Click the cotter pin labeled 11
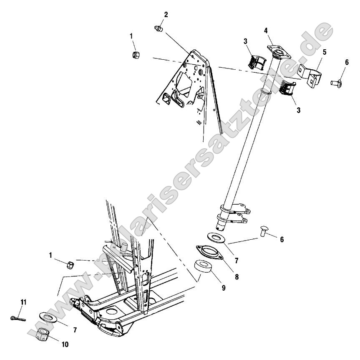pos(18,318)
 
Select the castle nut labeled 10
pos(43,334)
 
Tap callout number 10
pos(65,345)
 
